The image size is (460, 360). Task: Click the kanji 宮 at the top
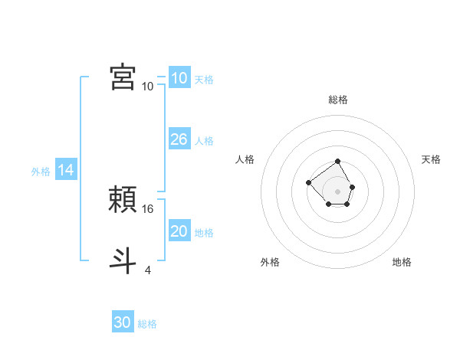123,77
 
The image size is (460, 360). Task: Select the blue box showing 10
179,78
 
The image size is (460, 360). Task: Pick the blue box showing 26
179,139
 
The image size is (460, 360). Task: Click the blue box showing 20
179,231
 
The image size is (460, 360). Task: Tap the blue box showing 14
66,171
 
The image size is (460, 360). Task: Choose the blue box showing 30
123,322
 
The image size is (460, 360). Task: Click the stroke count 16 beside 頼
149,208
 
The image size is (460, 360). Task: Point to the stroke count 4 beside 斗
148,270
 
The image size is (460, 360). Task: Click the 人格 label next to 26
204,141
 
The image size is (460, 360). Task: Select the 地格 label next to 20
204,233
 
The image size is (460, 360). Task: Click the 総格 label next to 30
147,324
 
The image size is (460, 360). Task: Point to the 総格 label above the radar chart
338,100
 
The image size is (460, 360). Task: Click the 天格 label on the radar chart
431,159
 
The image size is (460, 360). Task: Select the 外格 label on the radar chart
270,262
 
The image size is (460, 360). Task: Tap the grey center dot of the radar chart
338,191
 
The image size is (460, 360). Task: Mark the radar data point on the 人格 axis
308,182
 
